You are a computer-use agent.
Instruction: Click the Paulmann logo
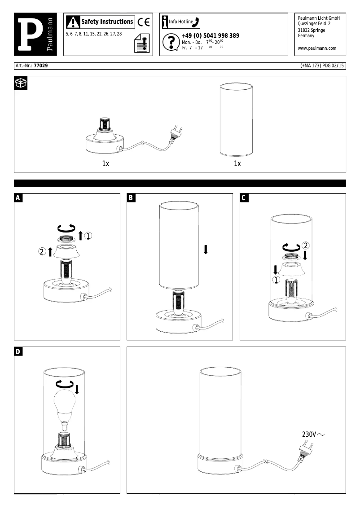tap(35, 35)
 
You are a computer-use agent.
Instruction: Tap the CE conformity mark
tap(143, 22)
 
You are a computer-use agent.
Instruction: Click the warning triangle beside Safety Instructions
tap(73, 22)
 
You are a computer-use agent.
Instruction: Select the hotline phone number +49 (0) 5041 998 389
tap(210, 36)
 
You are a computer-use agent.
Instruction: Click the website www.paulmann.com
tap(317, 48)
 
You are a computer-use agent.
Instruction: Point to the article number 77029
tap(41, 66)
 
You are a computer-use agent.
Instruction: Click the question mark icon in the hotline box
tap(170, 42)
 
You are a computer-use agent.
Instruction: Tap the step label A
tap(18, 198)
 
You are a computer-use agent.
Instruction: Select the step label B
tap(131, 198)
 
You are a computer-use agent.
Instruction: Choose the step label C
tap(244, 198)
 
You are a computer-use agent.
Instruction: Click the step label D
tap(18, 351)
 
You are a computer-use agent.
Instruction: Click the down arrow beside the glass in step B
tap(206, 250)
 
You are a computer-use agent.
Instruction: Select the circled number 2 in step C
tap(306, 246)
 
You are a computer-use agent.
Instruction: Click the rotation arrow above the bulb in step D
tap(61, 384)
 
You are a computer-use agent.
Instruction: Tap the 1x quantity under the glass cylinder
tap(237, 164)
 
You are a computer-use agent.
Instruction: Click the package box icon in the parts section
tap(21, 83)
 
